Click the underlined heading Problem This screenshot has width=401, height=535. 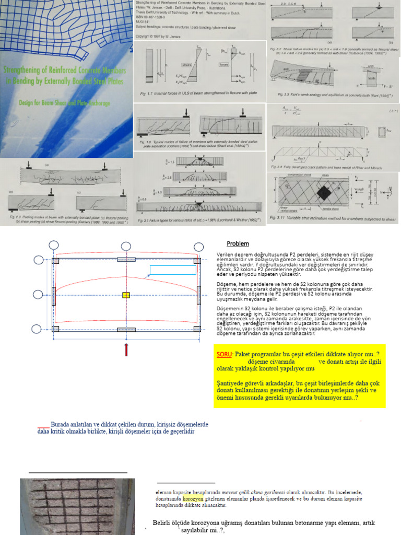pyautogui.click(x=238, y=243)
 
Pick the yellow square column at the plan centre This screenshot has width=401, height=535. pyautogui.click(x=126, y=295)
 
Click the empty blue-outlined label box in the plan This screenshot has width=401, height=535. pyautogui.click(x=173, y=270)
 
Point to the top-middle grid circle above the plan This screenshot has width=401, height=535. pyautogui.click(x=126, y=246)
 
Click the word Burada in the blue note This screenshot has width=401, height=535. pyautogui.click(x=62, y=424)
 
